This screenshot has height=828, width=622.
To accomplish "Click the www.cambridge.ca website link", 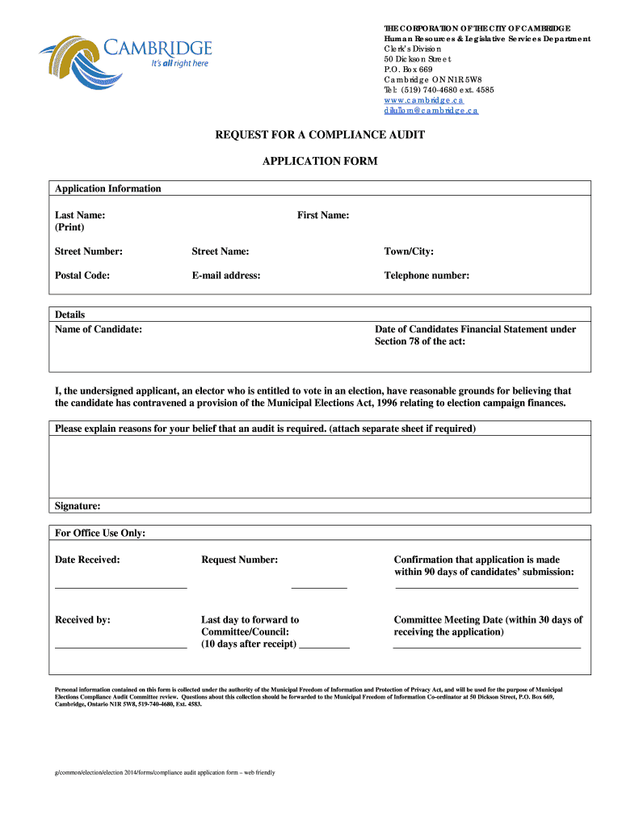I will (x=423, y=99).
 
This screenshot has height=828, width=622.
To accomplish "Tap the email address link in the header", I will (x=431, y=110).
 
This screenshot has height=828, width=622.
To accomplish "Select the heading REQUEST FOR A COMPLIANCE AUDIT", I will (x=319, y=134).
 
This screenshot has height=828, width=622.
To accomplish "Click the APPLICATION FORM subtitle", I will (x=320, y=161).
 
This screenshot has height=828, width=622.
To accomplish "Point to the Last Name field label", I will (x=79, y=215).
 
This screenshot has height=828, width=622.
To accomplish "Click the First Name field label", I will (x=323, y=215).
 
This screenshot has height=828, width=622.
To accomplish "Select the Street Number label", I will (x=89, y=251).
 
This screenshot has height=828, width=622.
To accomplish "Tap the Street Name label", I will (x=220, y=251).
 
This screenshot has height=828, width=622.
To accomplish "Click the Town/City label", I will (x=409, y=251).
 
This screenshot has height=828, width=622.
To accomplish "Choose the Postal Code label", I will (x=82, y=276).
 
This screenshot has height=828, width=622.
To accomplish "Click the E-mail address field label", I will (x=226, y=276).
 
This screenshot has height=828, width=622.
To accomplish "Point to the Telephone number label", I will (x=427, y=276).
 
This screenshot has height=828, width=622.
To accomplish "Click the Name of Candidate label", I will (x=99, y=329).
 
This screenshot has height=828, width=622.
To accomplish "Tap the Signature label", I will (x=78, y=506).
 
